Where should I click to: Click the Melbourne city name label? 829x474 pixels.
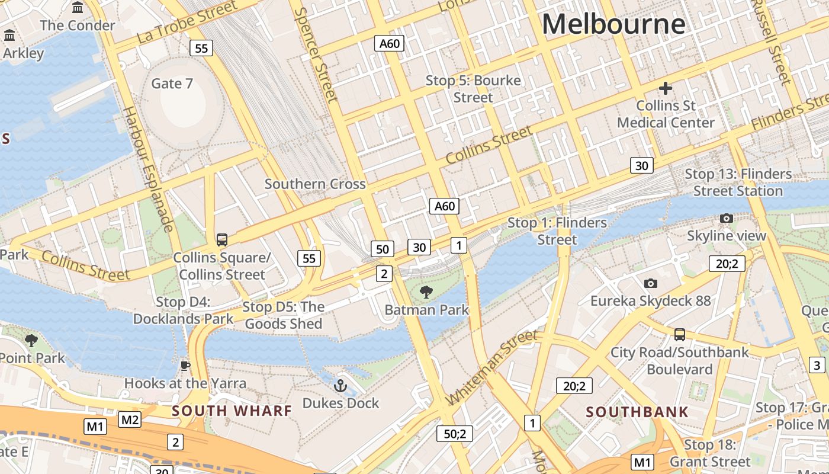613,24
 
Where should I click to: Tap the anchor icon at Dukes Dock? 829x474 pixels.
340,386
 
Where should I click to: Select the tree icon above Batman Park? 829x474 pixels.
425,292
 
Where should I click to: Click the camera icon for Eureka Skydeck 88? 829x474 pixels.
650,283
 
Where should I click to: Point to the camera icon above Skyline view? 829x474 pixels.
726,218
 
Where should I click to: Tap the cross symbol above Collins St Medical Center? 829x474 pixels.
666,88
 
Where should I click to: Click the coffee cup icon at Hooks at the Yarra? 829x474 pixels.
185,366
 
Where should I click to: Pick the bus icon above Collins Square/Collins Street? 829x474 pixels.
222,239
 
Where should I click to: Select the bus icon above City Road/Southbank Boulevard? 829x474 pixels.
679,335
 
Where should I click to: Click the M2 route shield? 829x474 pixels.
130,420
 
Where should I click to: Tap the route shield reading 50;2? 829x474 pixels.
455,434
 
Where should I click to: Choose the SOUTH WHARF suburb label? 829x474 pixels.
232,411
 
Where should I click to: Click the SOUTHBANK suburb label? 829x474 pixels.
637,412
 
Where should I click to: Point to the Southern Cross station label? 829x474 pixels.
315,184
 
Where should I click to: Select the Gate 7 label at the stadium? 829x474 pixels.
172,84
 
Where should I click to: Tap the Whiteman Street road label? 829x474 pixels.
493,367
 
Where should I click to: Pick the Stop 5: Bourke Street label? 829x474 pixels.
473,89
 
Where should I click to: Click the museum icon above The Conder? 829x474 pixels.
78,8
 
